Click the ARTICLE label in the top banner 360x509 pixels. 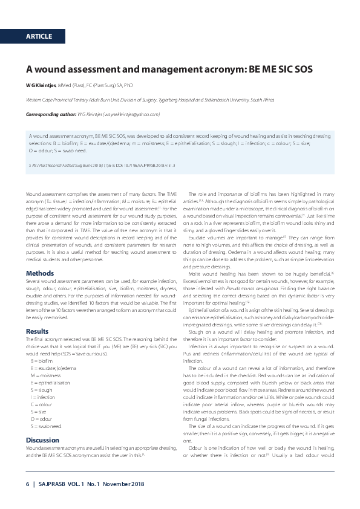(39, 37)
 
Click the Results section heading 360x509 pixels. (38, 331)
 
